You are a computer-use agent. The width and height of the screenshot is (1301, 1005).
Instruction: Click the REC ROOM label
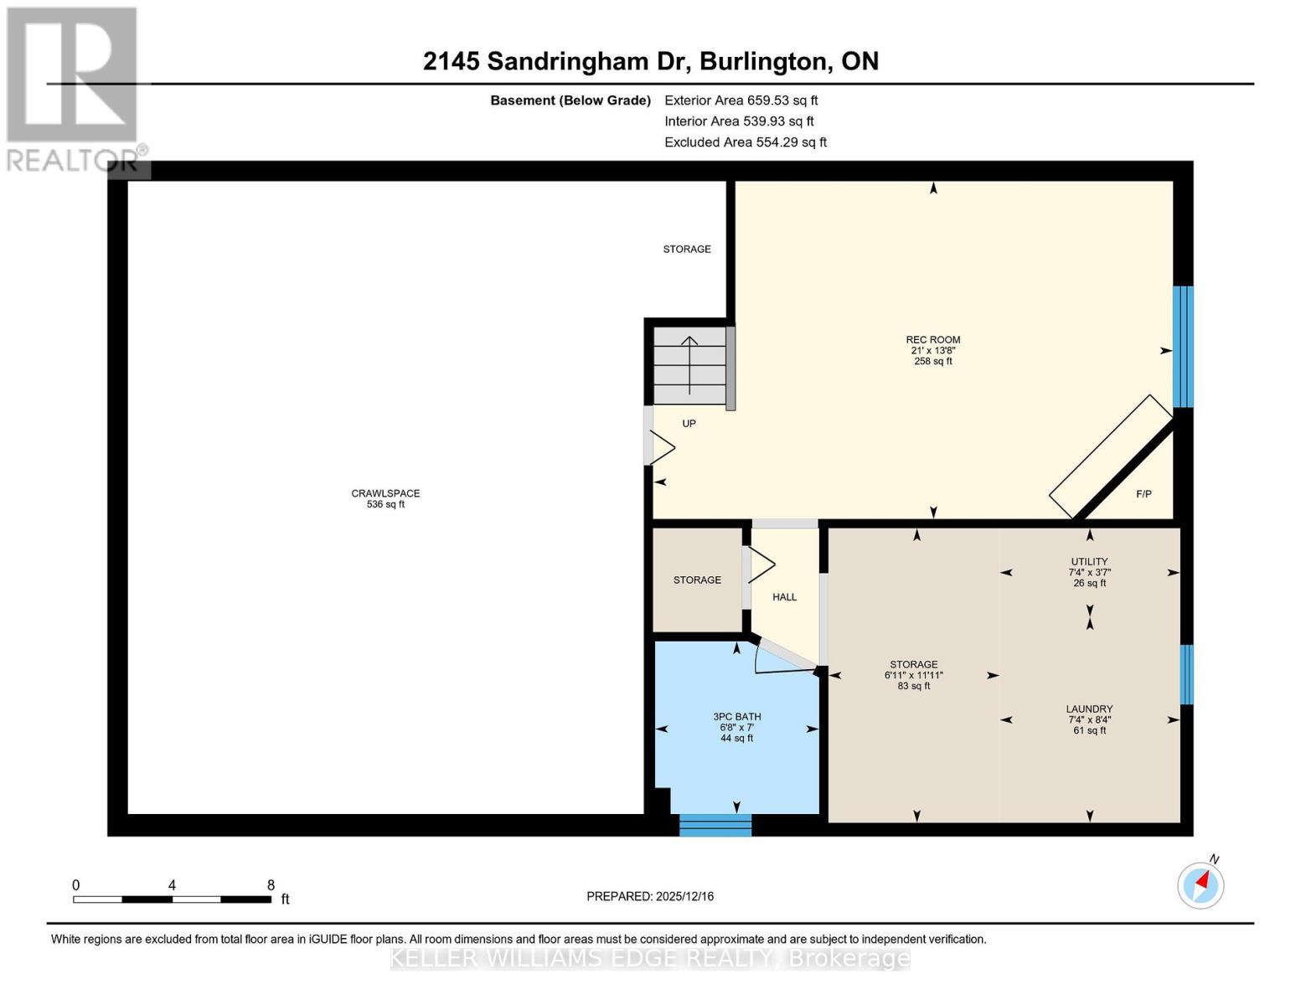coord(932,340)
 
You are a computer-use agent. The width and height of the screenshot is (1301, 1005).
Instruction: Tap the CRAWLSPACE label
coord(385,493)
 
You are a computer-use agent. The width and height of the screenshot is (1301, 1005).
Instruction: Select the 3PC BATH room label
coord(736,717)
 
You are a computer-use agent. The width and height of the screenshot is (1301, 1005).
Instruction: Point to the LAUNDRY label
coord(1089,709)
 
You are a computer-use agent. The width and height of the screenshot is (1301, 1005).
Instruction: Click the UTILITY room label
coord(1089,562)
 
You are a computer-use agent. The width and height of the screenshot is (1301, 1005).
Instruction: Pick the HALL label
coord(784,597)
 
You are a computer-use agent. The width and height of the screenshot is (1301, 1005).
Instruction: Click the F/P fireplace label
coord(1143,494)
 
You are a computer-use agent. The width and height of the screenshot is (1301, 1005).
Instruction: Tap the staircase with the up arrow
coord(689,365)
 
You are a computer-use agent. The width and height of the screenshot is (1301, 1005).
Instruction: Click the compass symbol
coord(1200,884)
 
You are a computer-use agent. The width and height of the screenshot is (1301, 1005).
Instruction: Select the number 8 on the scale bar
coord(271,885)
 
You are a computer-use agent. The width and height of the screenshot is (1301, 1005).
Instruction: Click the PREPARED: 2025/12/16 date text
coord(650,896)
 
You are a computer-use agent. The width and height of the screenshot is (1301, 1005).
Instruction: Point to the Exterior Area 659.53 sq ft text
coord(741,100)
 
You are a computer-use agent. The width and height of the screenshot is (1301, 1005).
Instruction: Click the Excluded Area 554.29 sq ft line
coord(746,142)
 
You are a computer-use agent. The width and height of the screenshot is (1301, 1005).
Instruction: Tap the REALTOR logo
coord(74,89)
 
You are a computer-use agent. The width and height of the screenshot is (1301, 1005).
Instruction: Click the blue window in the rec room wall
coord(1182,347)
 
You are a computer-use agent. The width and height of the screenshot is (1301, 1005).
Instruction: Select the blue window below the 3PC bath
coord(715,825)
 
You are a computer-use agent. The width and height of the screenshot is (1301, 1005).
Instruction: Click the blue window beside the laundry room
coord(1186,674)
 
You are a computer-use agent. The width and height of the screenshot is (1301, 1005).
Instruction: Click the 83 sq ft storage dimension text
coord(913,686)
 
